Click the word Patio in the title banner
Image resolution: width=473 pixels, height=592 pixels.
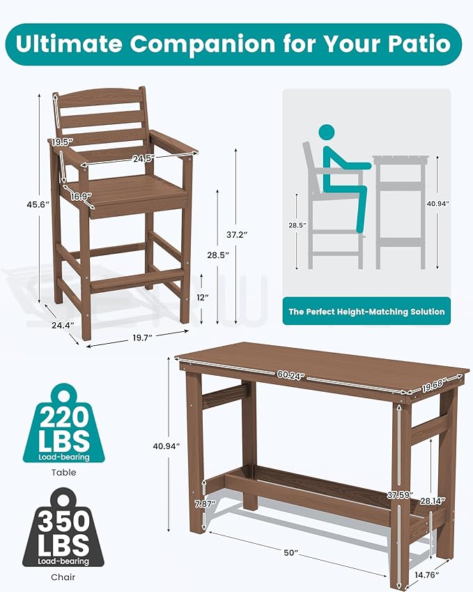pyautogui.click(x=419, y=44)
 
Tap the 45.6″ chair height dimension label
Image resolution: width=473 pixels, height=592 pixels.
pyautogui.click(x=38, y=204)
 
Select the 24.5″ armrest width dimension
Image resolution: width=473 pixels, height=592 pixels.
pyautogui.click(x=143, y=159)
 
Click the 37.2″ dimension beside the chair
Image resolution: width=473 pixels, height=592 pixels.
pyautogui.click(x=237, y=234)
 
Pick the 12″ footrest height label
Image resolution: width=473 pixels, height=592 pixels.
pyautogui.click(x=203, y=298)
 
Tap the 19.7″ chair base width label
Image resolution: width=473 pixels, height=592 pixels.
pyautogui.click(x=142, y=338)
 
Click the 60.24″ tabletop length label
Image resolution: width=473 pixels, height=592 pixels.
pyautogui.click(x=290, y=375)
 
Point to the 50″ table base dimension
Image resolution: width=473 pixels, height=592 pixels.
pyautogui.click(x=290, y=553)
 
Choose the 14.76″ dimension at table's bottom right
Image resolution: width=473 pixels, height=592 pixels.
pyautogui.click(x=426, y=575)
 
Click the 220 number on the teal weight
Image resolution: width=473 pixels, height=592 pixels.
pyautogui.click(x=65, y=417)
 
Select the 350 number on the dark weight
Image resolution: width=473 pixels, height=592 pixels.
pyautogui.click(x=64, y=521)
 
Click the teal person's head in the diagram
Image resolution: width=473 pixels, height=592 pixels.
pyautogui.click(x=327, y=134)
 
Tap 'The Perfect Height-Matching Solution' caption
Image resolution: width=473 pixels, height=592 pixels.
pyautogui.click(x=366, y=312)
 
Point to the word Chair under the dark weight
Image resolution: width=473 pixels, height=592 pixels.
pyautogui.click(x=63, y=577)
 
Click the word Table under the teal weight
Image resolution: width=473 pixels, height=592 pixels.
pyautogui.click(x=64, y=472)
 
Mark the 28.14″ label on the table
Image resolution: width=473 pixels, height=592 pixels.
pyautogui.click(x=433, y=501)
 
